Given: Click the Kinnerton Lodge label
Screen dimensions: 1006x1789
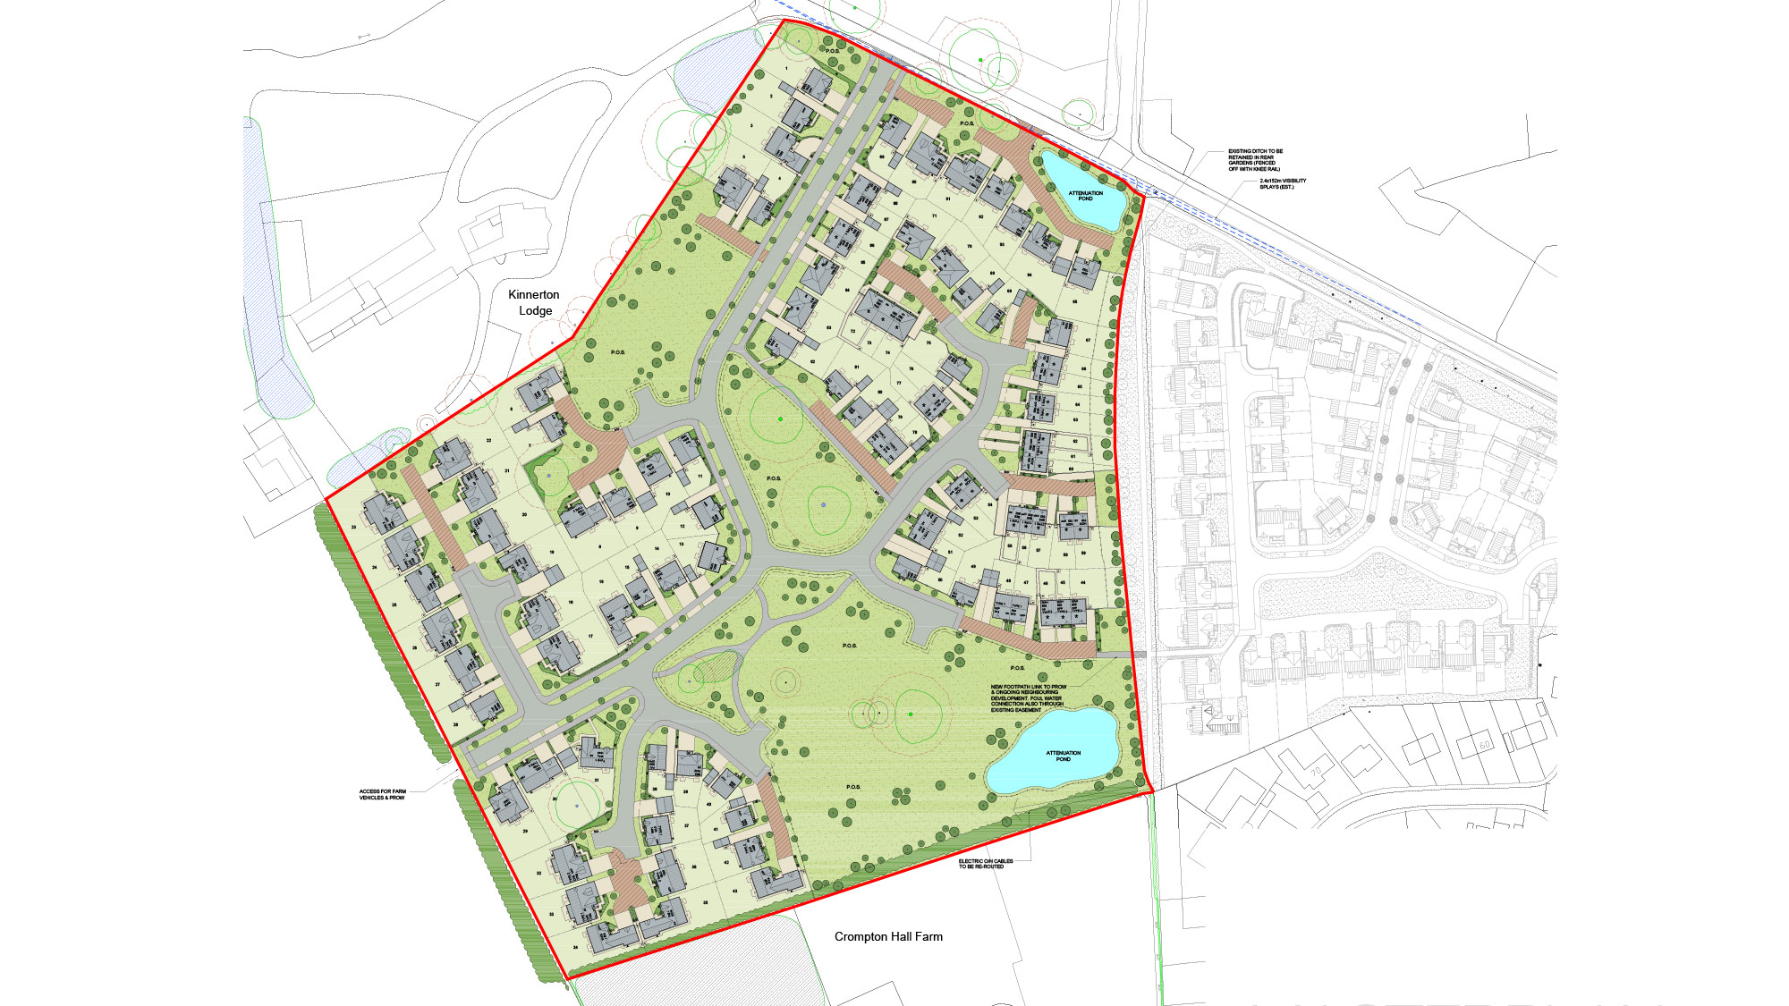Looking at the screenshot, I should tap(534, 302).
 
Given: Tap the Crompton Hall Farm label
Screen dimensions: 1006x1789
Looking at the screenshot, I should tap(888, 936).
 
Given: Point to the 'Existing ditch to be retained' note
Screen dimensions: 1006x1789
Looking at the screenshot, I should tap(1254, 160).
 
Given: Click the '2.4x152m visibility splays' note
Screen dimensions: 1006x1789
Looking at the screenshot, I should tap(1282, 183).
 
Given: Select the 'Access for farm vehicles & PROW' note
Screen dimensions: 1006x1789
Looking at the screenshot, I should tap(382, 794).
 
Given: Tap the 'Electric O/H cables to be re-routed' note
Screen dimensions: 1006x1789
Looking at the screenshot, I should tap(986, 864).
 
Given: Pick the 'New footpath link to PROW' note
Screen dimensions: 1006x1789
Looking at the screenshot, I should tap(1029, 698).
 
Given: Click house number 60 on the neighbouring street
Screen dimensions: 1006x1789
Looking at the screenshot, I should tap(1485, 744).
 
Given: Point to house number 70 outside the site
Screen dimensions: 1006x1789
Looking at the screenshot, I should tap(1316, 772).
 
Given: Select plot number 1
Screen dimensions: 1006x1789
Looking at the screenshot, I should tap(786, 69).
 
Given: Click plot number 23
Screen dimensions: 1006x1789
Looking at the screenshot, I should tap(354, 528).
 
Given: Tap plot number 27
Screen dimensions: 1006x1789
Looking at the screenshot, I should tap(437, 685).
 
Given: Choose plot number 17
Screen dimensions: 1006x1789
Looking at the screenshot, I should tap(590, 637).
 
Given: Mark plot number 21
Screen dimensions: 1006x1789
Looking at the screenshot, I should tap(507, 470).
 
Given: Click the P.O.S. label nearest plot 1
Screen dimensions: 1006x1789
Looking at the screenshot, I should tap(832, 51).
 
